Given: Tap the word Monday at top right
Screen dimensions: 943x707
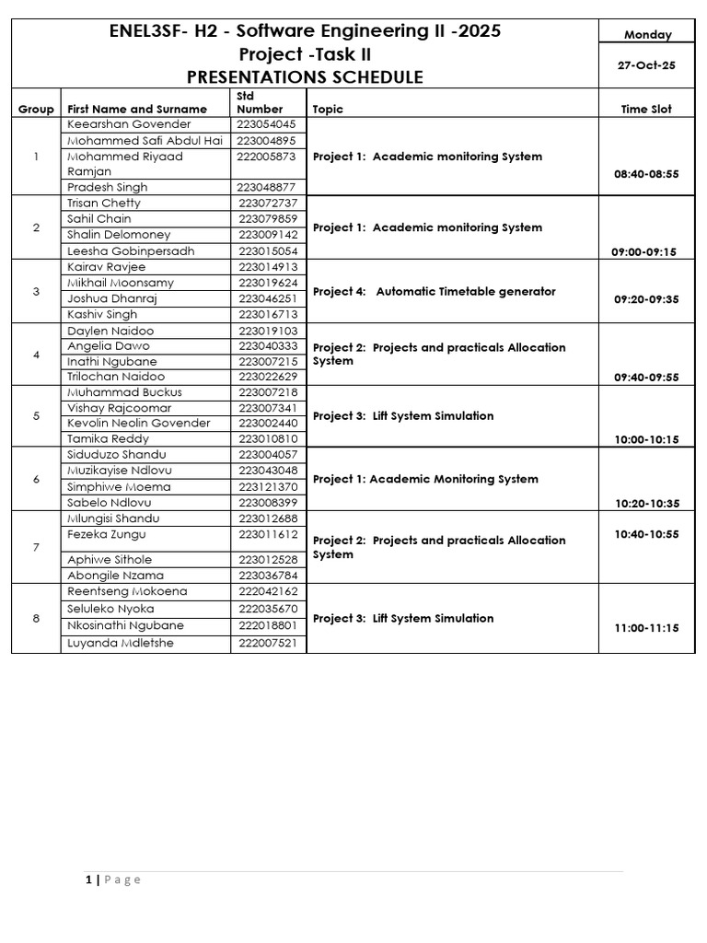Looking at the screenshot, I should click(648, 35).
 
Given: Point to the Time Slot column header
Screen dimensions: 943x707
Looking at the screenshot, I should click(646, 109).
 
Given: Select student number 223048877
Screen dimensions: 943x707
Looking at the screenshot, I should click(267, 187).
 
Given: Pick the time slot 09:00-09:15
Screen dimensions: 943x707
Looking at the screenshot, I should click(645, 251).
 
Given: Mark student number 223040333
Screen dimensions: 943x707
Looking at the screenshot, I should click(267, 346).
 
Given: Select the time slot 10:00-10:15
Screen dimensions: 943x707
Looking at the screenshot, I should click(646, 439).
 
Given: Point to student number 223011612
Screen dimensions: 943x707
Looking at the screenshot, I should click(267, 535).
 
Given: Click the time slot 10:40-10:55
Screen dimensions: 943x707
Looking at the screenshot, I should click(646, 534).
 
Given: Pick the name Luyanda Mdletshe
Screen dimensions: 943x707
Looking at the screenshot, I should click(121, 643).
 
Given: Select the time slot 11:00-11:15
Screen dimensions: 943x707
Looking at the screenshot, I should click(646, 627).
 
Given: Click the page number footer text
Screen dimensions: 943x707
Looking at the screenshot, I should click(113, 879).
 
